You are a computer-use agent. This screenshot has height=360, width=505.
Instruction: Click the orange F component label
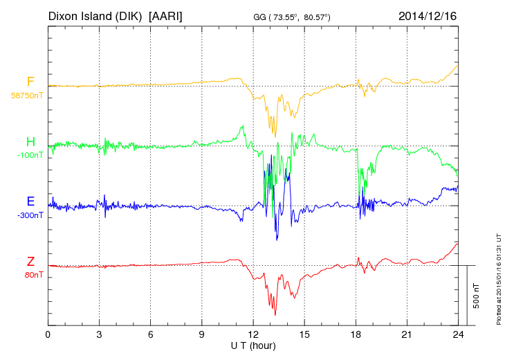click(30, 82)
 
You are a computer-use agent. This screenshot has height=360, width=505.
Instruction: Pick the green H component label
click(30, 142)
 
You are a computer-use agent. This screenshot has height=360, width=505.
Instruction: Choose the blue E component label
click(30, 201)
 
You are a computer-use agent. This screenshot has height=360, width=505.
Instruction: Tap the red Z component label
click(30, 262)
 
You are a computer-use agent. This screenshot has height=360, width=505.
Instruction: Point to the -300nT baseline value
click(29, 215)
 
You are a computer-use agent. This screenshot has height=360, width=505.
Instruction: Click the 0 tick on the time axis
click(48, 334)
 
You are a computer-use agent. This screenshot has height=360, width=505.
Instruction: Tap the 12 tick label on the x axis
click(253, 334)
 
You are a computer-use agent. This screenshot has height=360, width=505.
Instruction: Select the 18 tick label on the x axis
click(356, 334)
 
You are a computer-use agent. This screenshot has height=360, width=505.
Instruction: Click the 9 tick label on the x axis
click(202, 334)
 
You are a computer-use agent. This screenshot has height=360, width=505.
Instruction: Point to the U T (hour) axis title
click(253, 345)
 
